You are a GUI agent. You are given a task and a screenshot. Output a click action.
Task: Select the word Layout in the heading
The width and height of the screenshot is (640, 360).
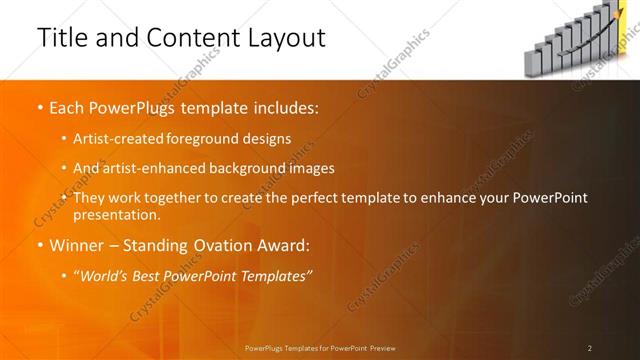click(x=284, y=38)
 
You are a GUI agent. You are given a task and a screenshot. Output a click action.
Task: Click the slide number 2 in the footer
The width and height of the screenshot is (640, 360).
click(x=590, y=347)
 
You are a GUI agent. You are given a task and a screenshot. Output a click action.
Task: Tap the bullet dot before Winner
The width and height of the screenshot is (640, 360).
click(x=39, y=245)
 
